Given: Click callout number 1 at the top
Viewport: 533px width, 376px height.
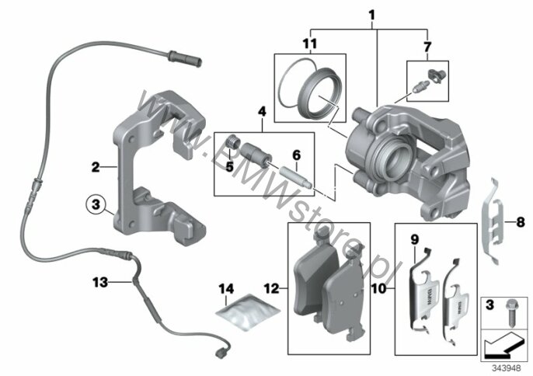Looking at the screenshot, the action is [372, 15].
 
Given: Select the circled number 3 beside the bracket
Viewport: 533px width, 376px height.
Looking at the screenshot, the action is [96, 205].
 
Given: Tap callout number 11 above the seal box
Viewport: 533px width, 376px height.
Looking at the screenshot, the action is [309, 44].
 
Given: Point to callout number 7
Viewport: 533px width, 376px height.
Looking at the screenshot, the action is [427, 47].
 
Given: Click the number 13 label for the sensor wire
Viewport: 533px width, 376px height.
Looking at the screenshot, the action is [100, 282].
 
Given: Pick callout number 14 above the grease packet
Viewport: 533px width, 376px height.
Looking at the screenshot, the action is [226, 289].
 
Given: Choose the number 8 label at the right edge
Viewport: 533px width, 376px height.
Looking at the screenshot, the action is [521, 223].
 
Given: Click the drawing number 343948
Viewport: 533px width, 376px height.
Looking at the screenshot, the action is [506, 368].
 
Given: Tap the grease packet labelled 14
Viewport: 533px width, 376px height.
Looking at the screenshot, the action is [247, 312].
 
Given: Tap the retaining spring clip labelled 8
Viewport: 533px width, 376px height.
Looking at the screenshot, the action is [493, 221].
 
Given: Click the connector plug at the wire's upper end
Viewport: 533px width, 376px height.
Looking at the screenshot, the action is [185, 58].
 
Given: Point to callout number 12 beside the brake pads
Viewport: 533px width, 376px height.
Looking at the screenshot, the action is [271, 289].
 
